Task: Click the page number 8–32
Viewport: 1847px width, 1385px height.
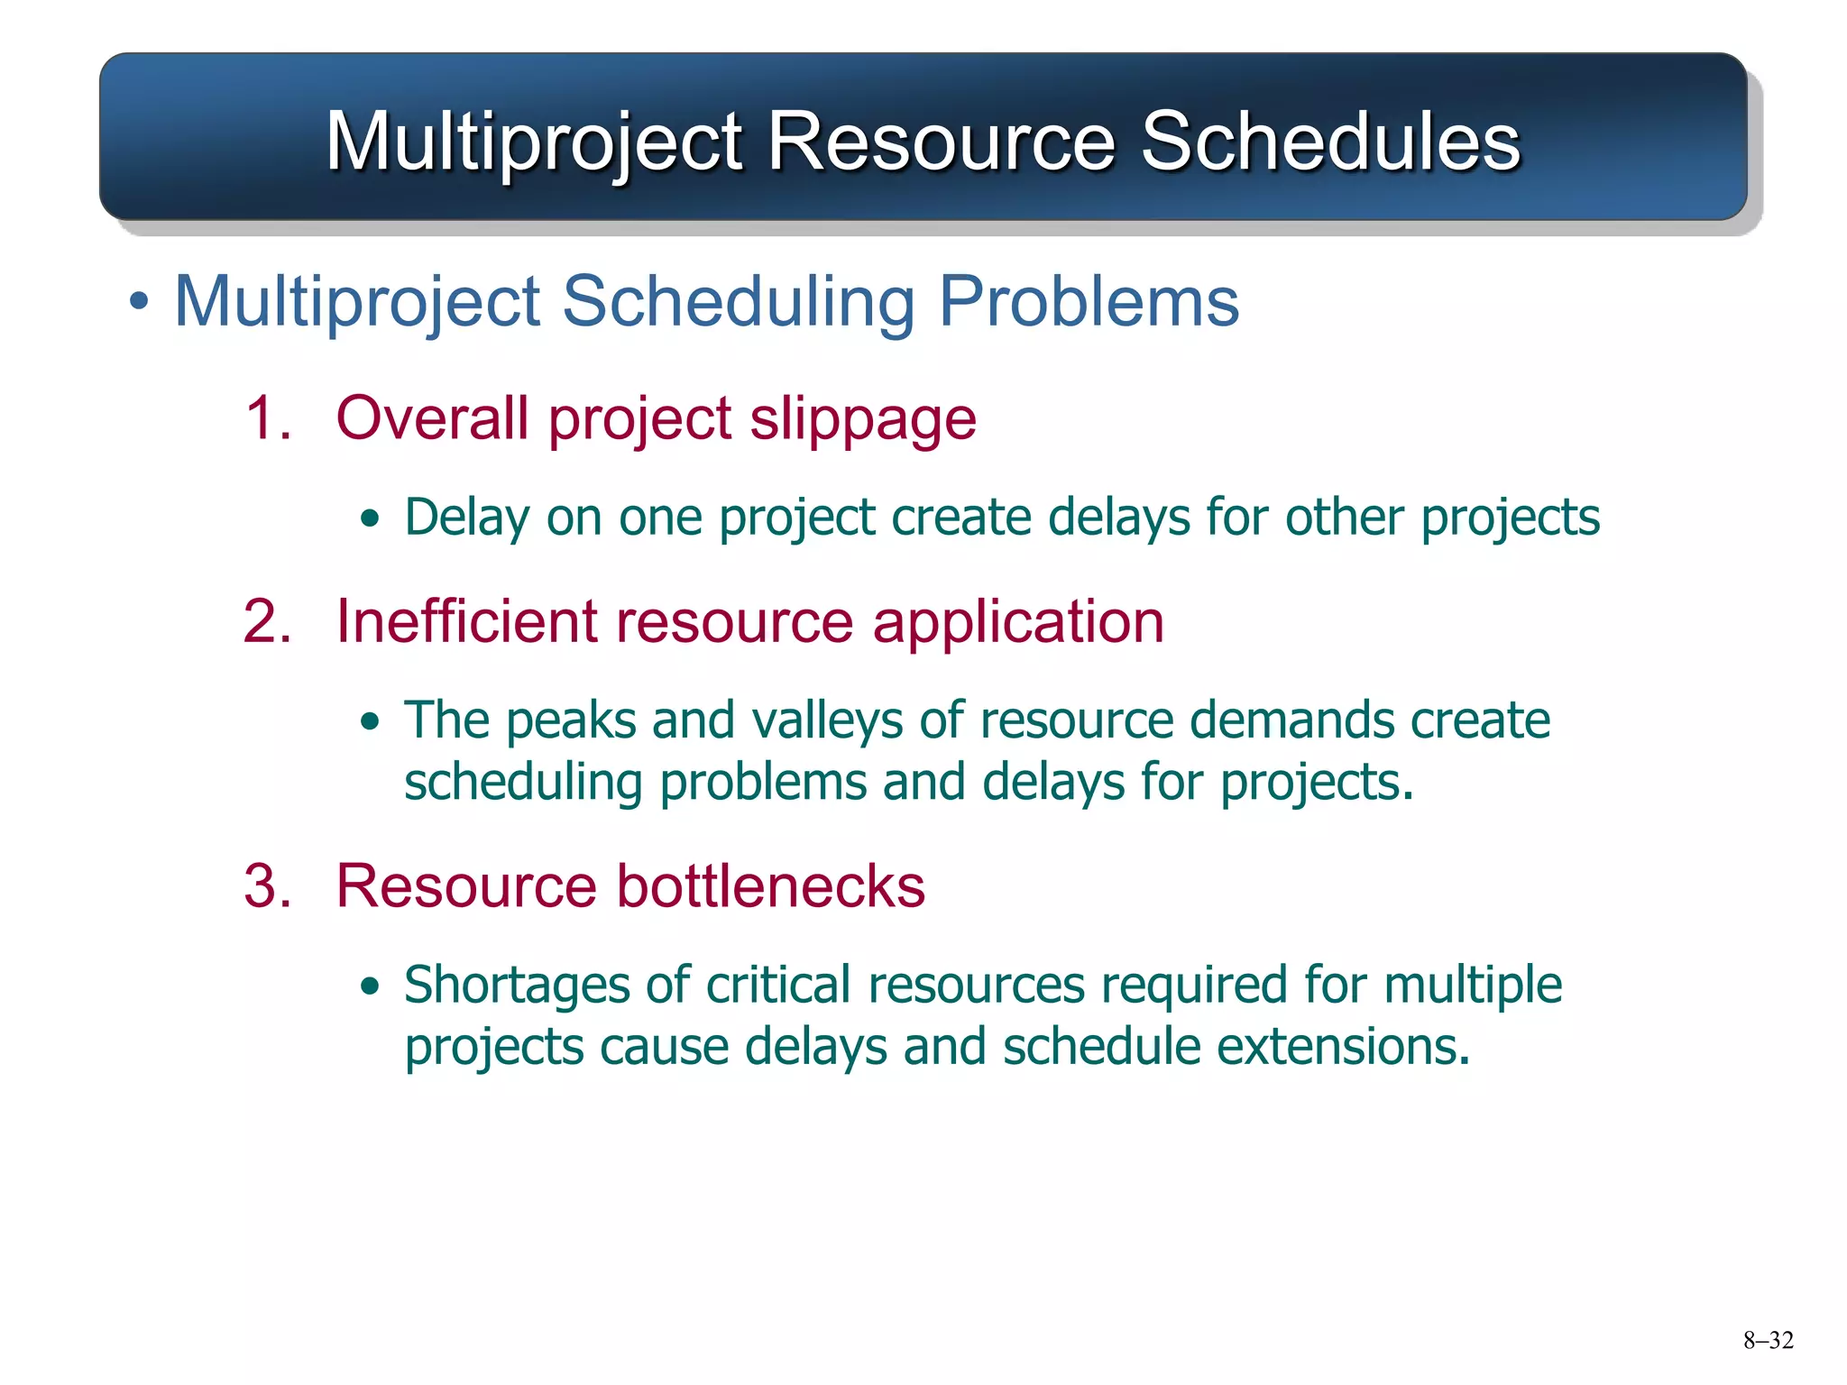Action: click(1768, 1341)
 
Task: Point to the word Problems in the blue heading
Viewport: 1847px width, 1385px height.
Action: click(1089, 301)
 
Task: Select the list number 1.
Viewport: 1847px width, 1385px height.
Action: click(268, 419)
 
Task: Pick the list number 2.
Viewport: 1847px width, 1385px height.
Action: click(268, 622)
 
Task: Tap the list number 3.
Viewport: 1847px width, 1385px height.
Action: click(268, 886)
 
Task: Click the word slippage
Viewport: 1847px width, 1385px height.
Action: click(863, 420)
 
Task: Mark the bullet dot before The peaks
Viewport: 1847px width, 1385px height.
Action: click(370, 722)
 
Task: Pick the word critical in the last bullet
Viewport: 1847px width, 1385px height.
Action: click(778, 985)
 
